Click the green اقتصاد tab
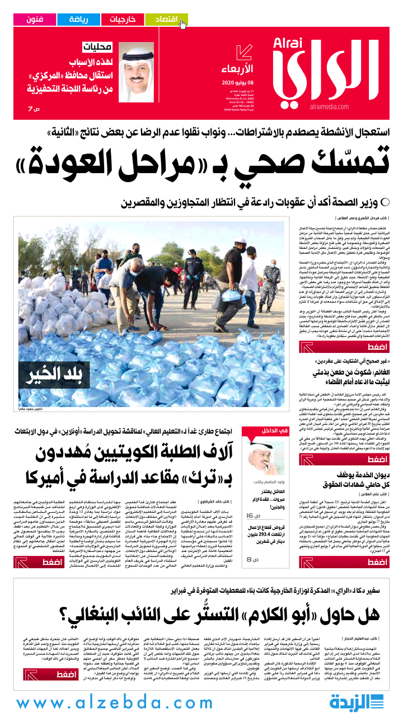point(166,20)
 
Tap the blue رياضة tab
point(78,20)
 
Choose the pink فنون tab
point(35,20)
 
